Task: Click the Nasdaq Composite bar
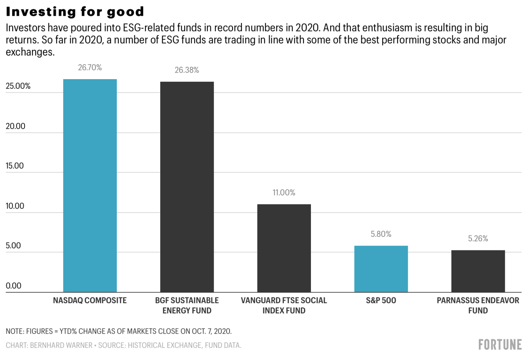click(x=90, y=185)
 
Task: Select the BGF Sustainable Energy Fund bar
click(x=187, y=187)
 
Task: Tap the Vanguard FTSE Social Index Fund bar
click(x=284, y=248)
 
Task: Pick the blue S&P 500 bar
click(x=381, y=269)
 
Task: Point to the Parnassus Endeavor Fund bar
click(x=478, y=271)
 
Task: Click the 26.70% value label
click(x=90, y=67)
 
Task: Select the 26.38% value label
click(x=187, y=70)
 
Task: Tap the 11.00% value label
click(x=284, y=192)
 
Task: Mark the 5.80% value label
click(x=381, y=234)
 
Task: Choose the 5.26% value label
click(x=478, y=239)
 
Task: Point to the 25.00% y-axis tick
click(x=18, y=86)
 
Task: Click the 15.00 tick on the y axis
click(x=15, y=166)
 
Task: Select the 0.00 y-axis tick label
click(x=14, y=286)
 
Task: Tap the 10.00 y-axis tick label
click(x=15, y=206)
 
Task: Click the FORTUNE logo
click(x=500, y=345)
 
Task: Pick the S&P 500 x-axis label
click(x=381, y=301)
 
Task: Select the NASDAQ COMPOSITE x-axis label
click(x=90, y=301)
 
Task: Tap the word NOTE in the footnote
click(x=14, y=331)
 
